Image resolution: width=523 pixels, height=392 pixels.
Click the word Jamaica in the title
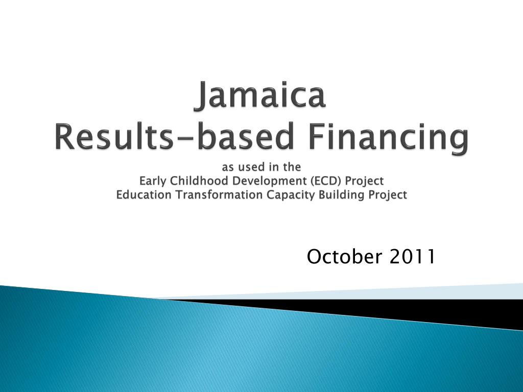[x=260, y=95]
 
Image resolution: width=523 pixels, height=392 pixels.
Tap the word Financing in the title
[x=389, y=139]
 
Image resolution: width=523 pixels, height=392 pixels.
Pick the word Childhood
[x=200, y=181]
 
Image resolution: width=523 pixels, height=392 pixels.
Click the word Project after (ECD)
[x=364, y=181]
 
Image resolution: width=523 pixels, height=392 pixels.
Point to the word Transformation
[x=219, y=194]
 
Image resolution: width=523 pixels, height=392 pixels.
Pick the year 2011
[x=412, y=257]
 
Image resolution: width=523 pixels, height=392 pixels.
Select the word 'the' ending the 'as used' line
[x=292, y=167]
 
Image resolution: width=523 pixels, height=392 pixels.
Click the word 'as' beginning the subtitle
[x=228, y=167]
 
